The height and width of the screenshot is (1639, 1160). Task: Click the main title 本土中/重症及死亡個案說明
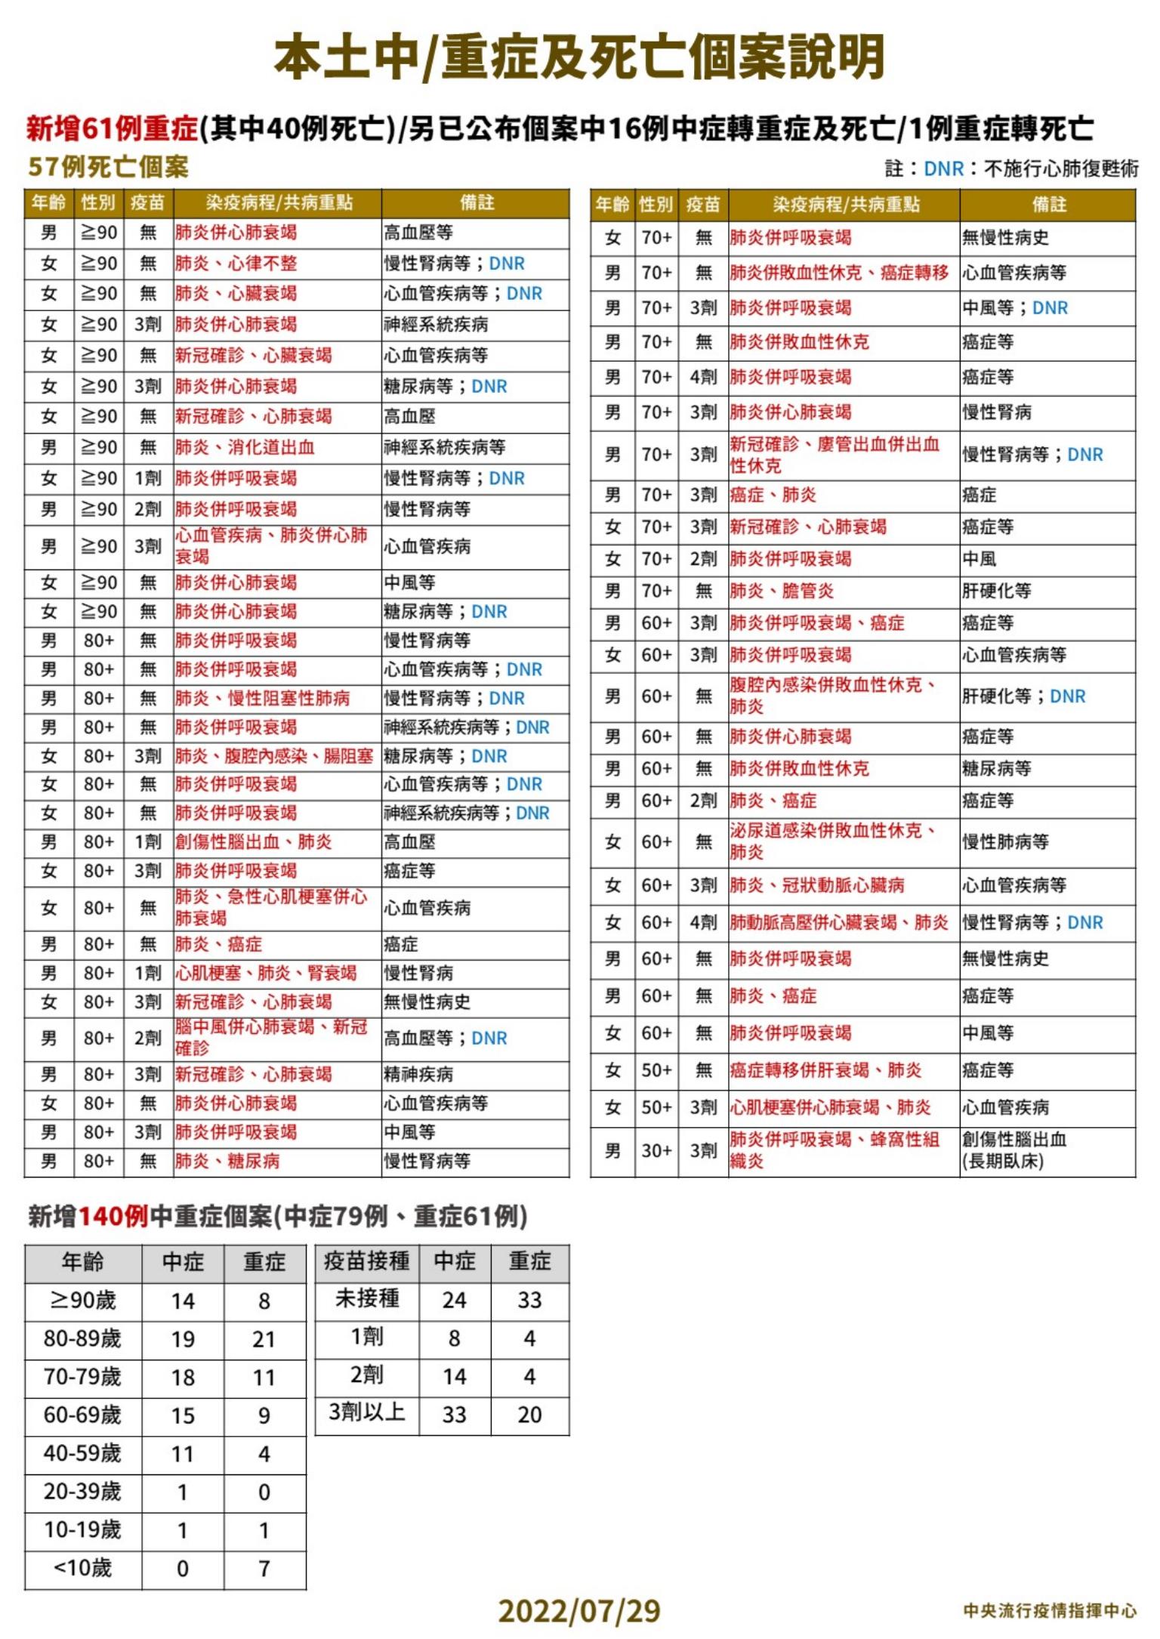pyautogui.click(x=579, y=58)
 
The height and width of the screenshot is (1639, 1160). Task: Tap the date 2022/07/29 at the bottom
pyautogui.click(x=579, y=1610)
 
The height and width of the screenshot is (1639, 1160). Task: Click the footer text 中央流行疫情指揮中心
pyautogui.click(x=1049, y=1610)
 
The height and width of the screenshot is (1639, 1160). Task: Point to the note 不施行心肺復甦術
pyautogui.click(x=1061, y=168)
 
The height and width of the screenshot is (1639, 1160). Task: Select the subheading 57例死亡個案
pyautogui.click(x=108, y=167)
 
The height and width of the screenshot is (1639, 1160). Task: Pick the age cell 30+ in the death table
pyautogui.click(x=656, y=1150)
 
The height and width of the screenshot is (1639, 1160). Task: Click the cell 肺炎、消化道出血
pyautogui.click(x=245, y=448)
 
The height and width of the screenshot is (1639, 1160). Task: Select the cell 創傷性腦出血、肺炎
pyautogui.click(x=253, y=842)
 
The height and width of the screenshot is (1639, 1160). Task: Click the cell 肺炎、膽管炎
pyautogui.click(x=782, y=591)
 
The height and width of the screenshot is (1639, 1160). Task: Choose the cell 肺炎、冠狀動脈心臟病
pyautogui.click(x=816, y=885)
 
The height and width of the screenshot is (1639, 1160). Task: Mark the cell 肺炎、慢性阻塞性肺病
pyautogui.click(x=262, y=699)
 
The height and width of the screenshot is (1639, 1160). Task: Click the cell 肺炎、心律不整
pyautogui.click(x=236, y=264)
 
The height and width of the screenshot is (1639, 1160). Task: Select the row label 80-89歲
pyautogui.click(x=82, y=1339)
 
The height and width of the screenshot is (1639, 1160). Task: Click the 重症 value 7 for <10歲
pyautogui.click(x=264, y=1569)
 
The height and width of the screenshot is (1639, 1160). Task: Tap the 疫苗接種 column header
pyautogui.click(x=366, y=1261)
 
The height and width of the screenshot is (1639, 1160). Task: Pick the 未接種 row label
pyautogui.click(x=366, y=1299)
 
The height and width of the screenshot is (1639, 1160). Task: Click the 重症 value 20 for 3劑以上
pyautogui.click(x=529, y=1414)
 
